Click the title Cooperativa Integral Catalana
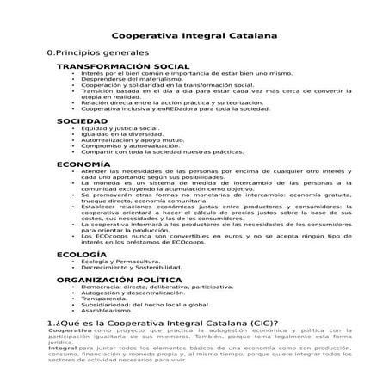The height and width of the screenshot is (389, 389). tap(194, 37)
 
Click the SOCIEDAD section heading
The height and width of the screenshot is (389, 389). tap(82, 121)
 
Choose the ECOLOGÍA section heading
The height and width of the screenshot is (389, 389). tap(82, 255)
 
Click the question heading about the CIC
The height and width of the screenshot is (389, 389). tap(164, 323)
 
